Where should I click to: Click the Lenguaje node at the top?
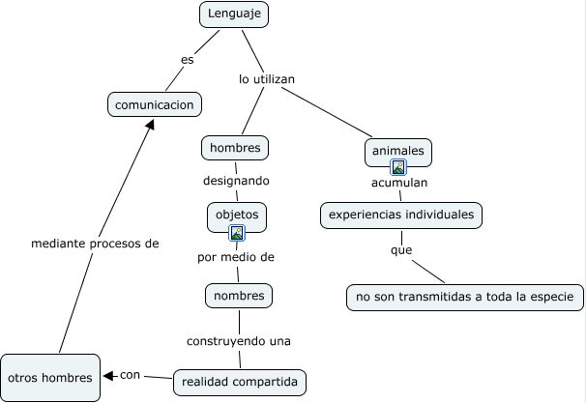pos(234,14)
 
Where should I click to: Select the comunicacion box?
pos(155,104)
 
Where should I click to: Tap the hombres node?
pos(235,148)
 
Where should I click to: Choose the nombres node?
pos(239,295)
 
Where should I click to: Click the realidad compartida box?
pos(241,382)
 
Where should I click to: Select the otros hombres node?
pos(49,377)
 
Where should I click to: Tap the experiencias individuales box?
pos(400,214)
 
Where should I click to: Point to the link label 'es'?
pos(188,60)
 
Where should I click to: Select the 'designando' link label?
pos(236,181)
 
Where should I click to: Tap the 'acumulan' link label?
pos(399,182)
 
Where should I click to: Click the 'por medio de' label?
pos(236,257)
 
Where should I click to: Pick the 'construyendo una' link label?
pos(239,340)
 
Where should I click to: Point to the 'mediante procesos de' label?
pos(95,244)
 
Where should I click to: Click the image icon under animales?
pos(398,167)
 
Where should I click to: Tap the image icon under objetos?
pos(237,232)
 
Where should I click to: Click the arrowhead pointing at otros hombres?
pos(108,376)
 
